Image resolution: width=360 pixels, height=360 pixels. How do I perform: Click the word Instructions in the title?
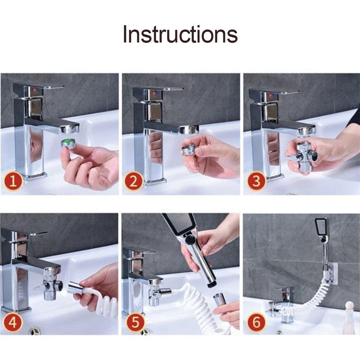point(180,35)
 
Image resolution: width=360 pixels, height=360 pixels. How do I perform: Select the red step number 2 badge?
point(134,182)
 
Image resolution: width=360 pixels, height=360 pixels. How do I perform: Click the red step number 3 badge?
point(256,181)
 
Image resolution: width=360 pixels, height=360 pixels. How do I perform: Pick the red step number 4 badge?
point(13,322)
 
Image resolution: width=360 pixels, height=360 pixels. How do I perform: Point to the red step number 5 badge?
point(135,322)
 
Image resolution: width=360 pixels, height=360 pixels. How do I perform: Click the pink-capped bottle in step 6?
point(348,317)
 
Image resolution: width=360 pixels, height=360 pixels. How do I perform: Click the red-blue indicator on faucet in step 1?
point(35,91)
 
